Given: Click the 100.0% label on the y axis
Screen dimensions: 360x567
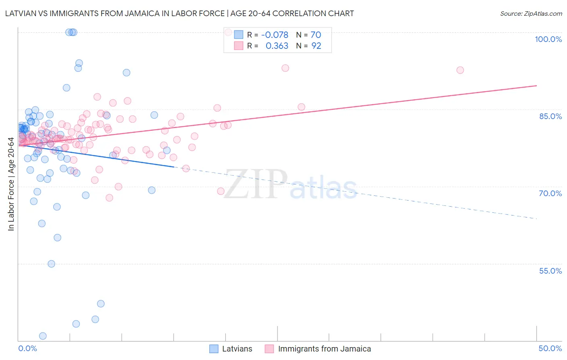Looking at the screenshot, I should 548,39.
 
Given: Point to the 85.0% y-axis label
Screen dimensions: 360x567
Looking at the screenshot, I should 550,116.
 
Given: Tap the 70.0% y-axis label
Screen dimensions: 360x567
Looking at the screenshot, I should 550,193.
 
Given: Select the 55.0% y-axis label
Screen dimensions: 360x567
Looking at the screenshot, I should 550,271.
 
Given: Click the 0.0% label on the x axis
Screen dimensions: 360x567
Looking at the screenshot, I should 27,348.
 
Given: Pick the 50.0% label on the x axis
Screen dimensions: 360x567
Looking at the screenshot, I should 550,348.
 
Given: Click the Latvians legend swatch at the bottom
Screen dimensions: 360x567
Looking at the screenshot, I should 214,349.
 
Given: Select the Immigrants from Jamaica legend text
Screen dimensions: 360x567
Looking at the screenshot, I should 324,349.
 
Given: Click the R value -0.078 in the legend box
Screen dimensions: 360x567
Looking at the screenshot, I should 275,35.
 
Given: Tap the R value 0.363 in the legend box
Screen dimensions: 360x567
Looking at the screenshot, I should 277,46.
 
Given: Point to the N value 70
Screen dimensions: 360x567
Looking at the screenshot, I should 316,35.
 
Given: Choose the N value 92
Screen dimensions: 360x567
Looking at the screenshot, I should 316,46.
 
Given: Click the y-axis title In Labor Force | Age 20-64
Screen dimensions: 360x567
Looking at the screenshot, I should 11,184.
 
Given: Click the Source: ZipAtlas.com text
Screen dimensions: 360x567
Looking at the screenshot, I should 531,14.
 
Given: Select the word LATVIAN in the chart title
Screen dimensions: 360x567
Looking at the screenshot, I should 20,13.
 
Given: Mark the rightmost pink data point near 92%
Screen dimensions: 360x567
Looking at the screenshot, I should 460,70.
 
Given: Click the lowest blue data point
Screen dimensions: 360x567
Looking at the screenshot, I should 43,336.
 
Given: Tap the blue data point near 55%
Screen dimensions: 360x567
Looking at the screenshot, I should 51,264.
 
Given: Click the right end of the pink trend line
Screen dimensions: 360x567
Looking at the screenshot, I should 536,86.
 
